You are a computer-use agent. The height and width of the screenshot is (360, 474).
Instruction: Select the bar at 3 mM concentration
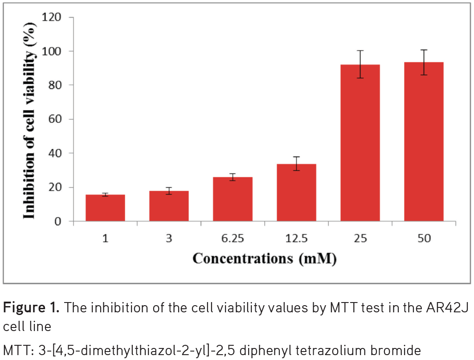[x=169, y=206]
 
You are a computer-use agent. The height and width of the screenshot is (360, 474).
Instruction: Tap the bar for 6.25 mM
[x=233, y=199]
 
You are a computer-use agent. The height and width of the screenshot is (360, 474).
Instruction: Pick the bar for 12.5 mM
[x=296, y=192]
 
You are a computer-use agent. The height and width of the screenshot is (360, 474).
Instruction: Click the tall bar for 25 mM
[x=360, y=143]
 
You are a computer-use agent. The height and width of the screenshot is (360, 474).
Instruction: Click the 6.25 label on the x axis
[x=233, y=239]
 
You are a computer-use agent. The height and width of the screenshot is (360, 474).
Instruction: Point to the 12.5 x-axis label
[x=296, y=239]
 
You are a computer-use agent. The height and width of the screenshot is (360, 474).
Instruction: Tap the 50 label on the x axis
[x=424, y=239]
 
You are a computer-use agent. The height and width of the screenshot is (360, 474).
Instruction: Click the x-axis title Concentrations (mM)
[x=264, y=258]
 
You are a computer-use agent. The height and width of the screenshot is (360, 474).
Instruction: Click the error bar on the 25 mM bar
[x=360, y=64]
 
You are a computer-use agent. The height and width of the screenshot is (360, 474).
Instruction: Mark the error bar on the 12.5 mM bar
[x=296, y=164]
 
